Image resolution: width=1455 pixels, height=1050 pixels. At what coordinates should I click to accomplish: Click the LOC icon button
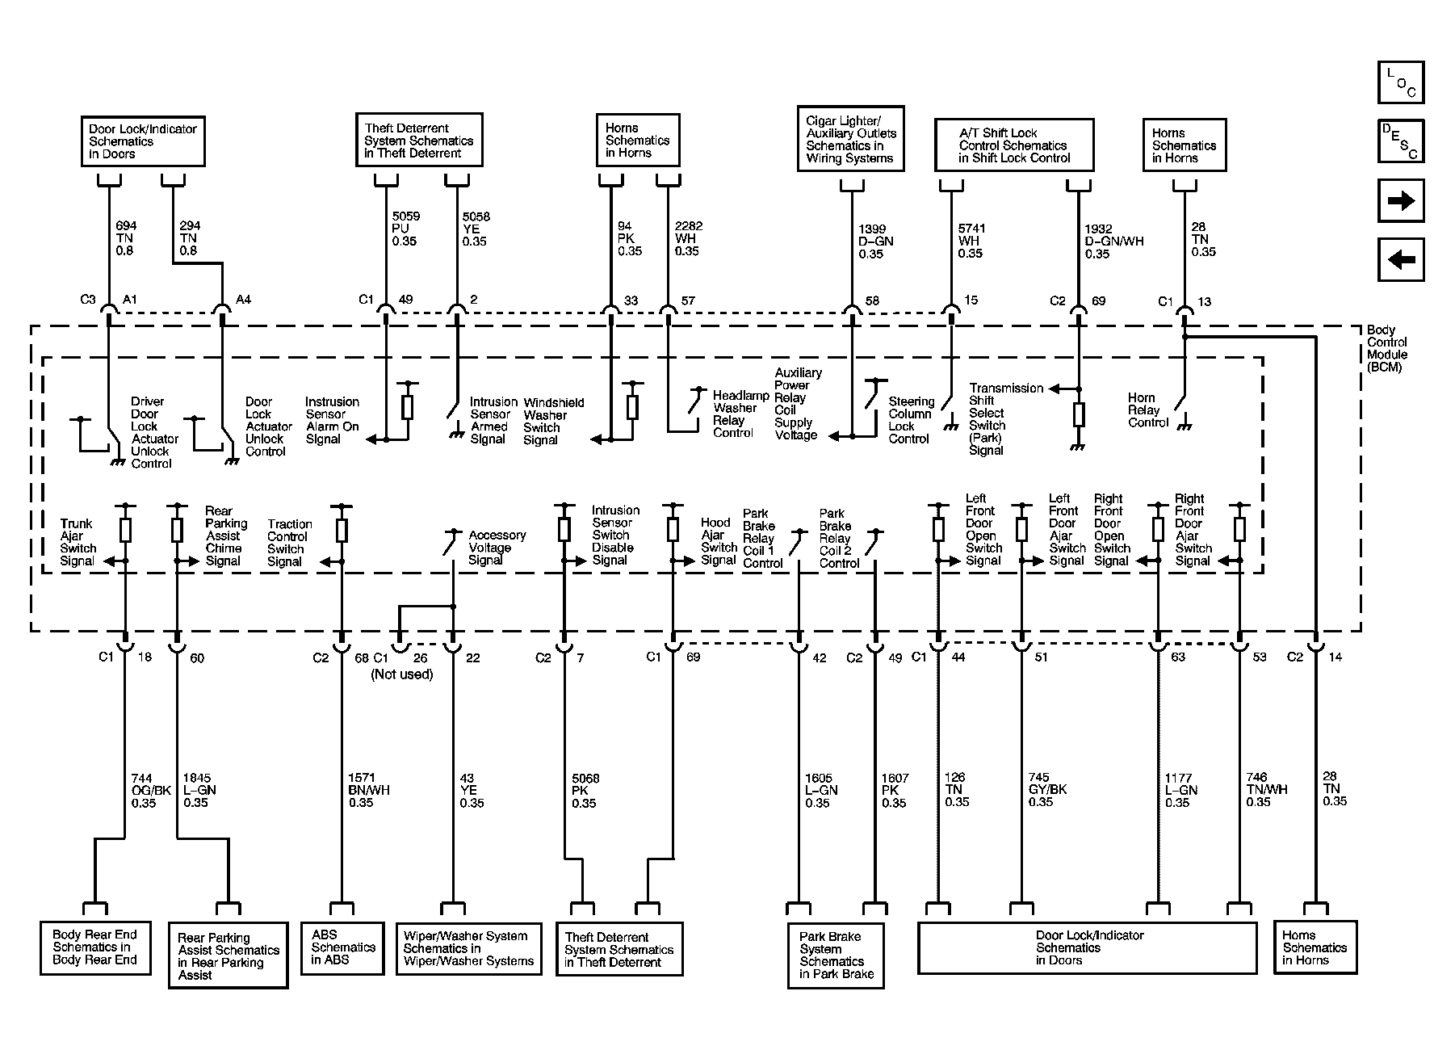click(x=1401, y=82)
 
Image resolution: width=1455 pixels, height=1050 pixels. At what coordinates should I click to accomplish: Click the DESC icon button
click(x=1401, y=141)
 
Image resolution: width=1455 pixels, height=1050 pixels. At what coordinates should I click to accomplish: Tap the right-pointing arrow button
click(x=1401, y=200)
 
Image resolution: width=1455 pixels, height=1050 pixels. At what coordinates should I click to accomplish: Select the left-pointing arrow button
click(x=1401, y=259)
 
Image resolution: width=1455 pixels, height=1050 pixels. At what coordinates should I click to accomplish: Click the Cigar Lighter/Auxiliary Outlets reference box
click(x=850, y=139)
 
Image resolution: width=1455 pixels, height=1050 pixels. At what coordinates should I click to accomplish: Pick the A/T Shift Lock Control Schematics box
click(x=1014, y=145)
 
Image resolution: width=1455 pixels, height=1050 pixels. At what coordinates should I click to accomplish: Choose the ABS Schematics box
click(x=342, y=947)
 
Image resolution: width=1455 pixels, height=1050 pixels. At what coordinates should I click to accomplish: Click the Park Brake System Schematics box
click(x=836, y=955)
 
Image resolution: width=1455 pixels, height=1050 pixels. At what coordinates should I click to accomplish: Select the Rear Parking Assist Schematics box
click(x=229, y=955)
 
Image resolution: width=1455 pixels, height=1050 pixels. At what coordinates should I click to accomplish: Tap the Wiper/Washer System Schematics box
click(x=468, y=948)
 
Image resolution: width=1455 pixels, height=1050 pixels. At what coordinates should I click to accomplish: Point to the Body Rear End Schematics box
click(x=95, y=947)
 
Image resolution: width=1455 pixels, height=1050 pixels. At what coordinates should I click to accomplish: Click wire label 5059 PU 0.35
click(x=406, y=229)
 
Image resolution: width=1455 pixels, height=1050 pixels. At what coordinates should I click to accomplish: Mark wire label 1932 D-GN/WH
click(x=1113, y=241)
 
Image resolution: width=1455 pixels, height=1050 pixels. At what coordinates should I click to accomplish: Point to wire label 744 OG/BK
click(x=151, y=791)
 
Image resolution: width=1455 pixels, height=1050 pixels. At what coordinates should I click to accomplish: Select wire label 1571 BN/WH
click(x=369, y=791)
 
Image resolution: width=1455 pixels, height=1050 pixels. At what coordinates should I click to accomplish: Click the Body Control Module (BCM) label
click(x=1387, y=348)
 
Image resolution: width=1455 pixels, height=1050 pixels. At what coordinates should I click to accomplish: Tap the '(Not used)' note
click(x=402, y=674)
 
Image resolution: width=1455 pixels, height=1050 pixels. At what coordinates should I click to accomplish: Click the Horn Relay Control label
click(x=1148, y=409)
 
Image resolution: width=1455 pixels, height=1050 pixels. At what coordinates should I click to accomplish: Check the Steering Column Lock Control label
click(x=911, y=420)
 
